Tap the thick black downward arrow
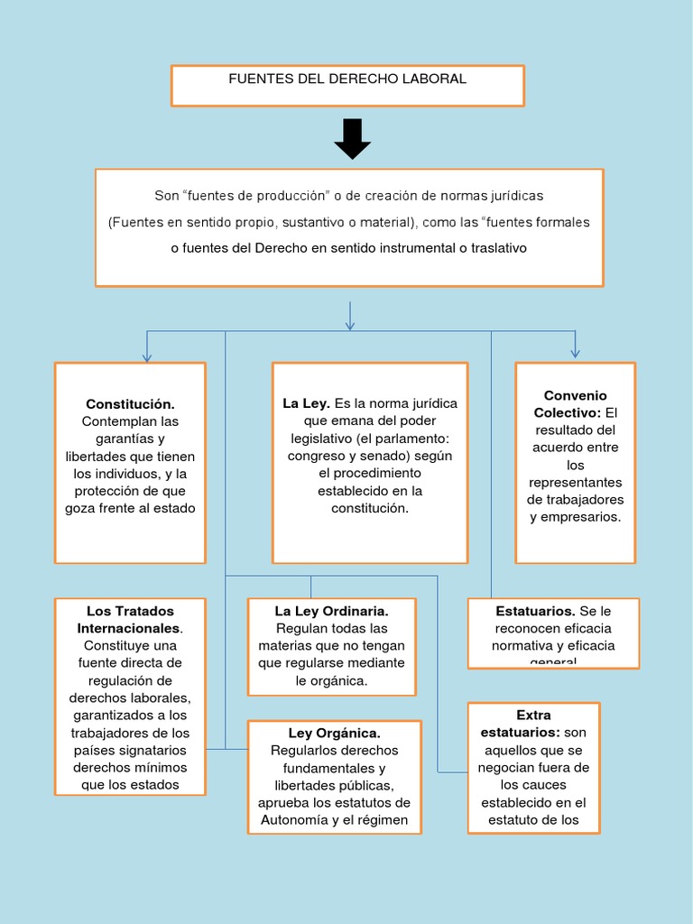tap(352, 139)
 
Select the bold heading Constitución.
tap(130, 404)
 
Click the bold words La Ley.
tap(306, 403)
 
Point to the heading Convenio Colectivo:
tap(575, 403)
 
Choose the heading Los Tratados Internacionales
tap(130, 619)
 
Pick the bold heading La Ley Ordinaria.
tap(331, 612)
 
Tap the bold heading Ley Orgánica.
tap(334, 733)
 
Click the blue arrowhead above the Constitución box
tap(147, 357)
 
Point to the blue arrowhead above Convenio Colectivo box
tap(575, 352)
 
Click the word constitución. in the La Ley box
tap(369, 508)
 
